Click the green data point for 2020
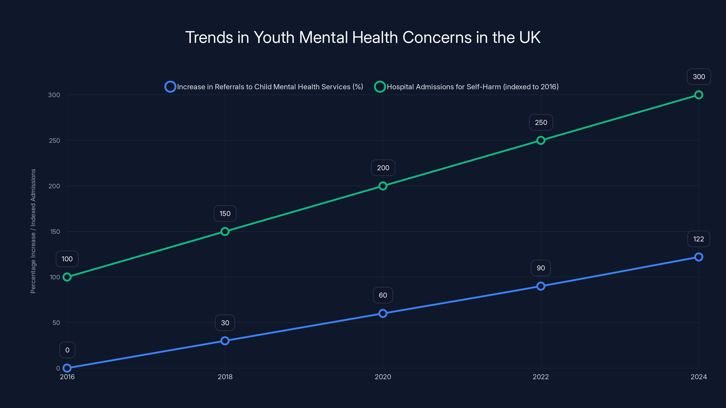point(383,186)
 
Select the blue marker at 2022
point(541,286)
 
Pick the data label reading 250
point(541,122)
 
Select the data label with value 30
point(225,323)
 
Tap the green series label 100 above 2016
point(67,259)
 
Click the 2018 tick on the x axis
point(225,377)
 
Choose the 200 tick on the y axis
point(54,186)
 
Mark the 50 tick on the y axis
point(56,323)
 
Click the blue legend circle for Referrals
point(170,87)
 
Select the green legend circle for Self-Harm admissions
point(380,87)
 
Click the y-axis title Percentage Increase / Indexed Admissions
point(33,231)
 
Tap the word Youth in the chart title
point(274,37)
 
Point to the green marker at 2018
point(225,231)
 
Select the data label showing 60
point(383,295)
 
